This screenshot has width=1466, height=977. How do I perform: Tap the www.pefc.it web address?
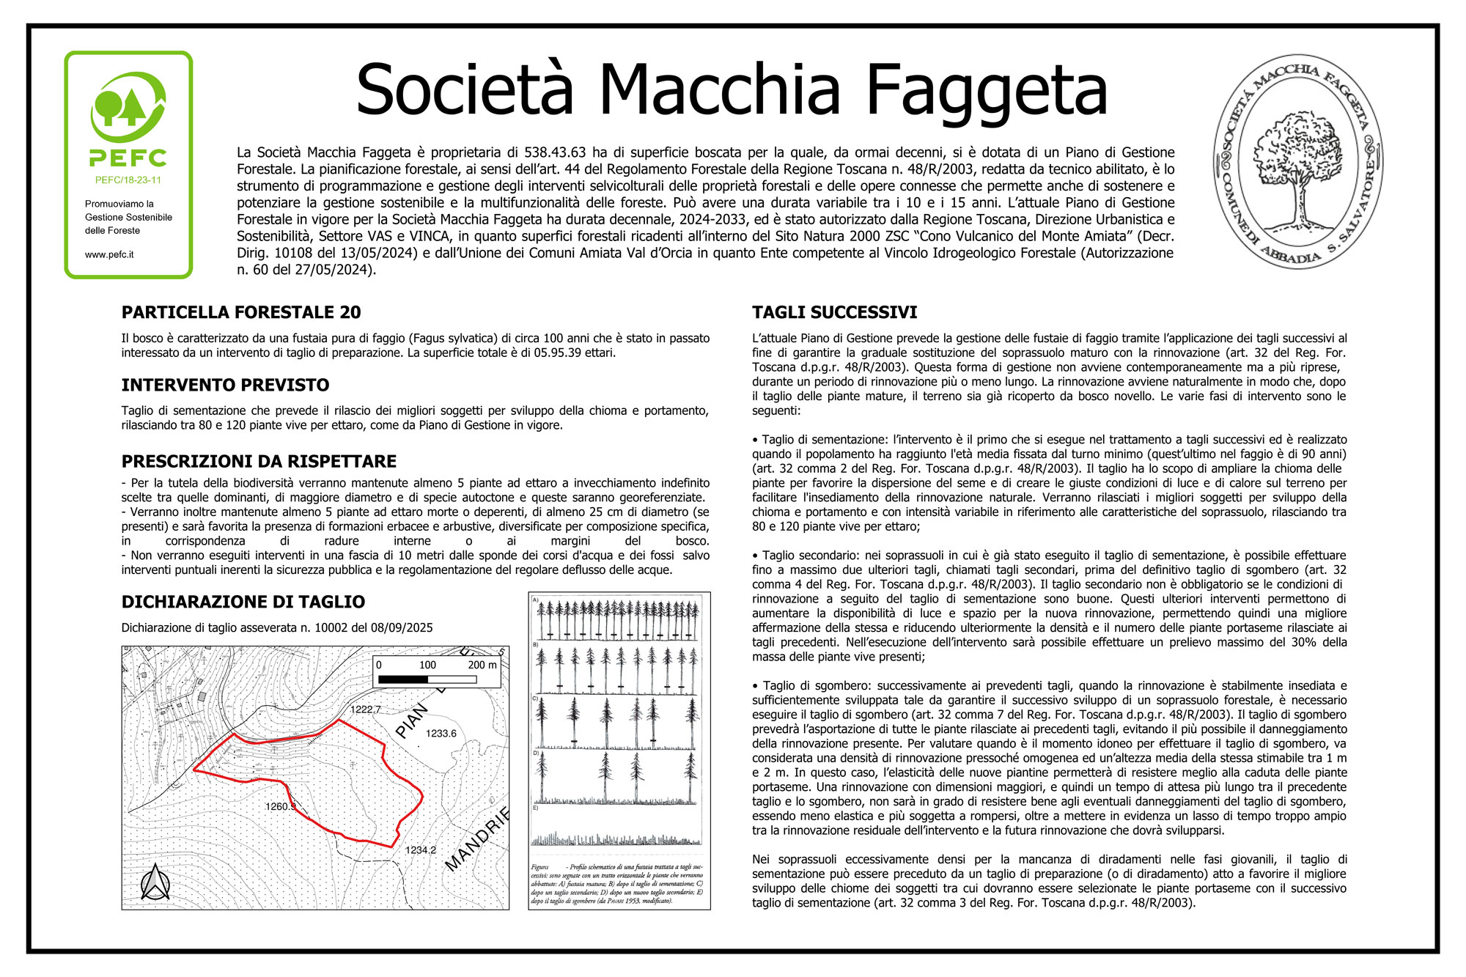tap(109, 255)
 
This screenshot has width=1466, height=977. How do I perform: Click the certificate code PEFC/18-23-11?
tap(128, 180)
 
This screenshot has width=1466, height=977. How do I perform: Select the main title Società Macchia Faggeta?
tap(731, 89)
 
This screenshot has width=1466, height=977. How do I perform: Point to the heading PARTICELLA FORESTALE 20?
tap(241, 313)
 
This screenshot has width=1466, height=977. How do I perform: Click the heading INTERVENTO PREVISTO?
tap(225, 386)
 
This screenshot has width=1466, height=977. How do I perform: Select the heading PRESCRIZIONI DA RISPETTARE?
tap(259, 462)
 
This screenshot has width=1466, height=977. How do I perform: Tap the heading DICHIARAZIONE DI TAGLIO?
tap(243, 602)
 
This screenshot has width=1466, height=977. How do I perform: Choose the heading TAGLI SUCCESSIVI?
tap(834, 313)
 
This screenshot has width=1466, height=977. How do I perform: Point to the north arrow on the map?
tap(155, 882)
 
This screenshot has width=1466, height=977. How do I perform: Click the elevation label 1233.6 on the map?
tap(441, 734)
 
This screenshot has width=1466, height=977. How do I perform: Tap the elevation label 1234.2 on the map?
tap(421, 850)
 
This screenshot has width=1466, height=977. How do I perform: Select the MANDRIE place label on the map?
tap(477, 840)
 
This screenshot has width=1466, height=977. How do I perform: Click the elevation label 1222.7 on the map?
tap(365, 709)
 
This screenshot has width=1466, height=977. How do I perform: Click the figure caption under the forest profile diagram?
tap(617, 884)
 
